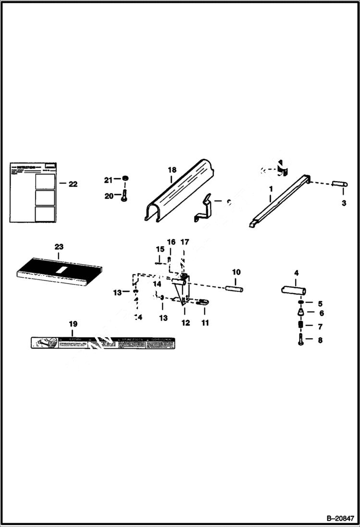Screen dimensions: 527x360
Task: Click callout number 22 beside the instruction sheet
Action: (x=73, y=184)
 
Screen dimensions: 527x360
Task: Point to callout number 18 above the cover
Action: (x=173, y=170)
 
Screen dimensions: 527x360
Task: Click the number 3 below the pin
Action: (x=344, y=203)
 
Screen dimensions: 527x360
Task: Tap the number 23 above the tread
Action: (x=59, y=246)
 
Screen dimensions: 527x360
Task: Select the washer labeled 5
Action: (x=300, y=303)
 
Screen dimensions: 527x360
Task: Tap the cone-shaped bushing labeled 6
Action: (x=300, y=313)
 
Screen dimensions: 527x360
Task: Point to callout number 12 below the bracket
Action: (x=186, y=323)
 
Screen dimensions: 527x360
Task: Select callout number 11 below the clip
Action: (x=205, y=323)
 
